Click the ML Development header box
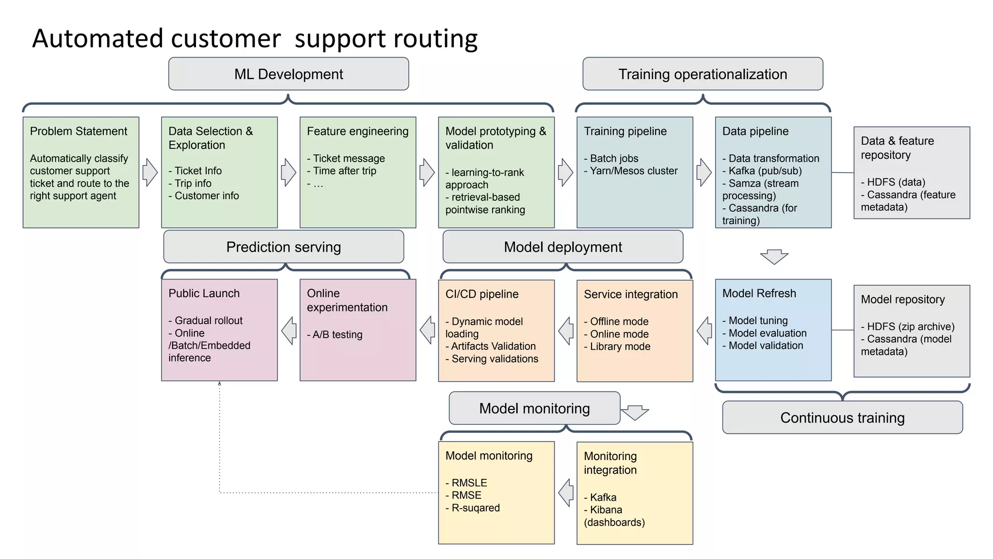point(288,74)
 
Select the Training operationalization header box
point(703,74)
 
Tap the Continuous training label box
point(842,417)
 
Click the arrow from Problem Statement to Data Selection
point(150,172)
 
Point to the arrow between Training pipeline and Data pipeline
point(704,172)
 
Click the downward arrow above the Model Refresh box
point(774,257)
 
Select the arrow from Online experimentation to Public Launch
point(289,330)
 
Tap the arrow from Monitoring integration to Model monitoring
point(566,493)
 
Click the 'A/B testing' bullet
point(335,334)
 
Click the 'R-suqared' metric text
point(473,508)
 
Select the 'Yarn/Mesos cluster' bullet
point(631,171)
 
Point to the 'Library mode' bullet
point(617,346)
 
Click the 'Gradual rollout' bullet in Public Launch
point(206,320)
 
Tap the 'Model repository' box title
point(902,299)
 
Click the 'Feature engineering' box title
point(357,131)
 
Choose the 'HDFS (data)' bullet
point(893,182)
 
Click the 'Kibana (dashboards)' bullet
point(614,516)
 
